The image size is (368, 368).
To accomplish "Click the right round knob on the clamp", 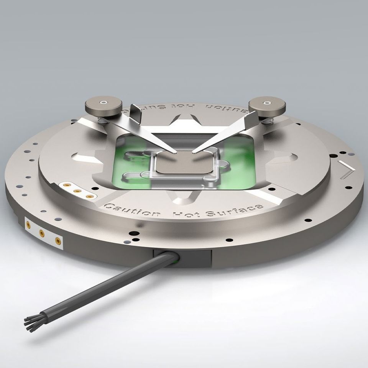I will point(266,106).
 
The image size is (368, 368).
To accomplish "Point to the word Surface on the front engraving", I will point(234,210).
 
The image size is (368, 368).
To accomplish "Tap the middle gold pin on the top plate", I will point(77,191).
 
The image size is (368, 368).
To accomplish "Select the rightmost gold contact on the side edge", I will point(58,241).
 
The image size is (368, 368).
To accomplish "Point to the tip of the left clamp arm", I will point(174,152).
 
